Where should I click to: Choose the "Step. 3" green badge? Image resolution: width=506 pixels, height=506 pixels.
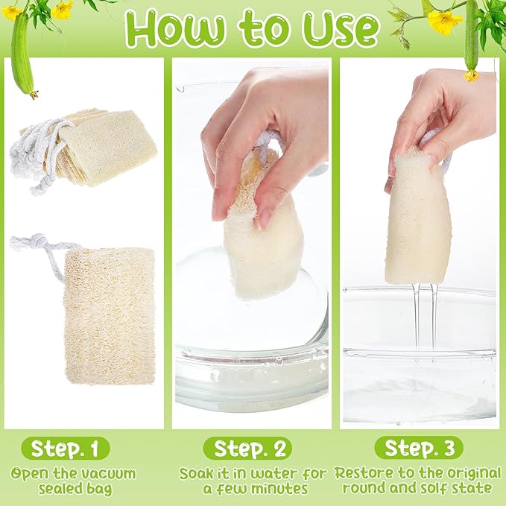pyautogui.click(x=419, y=448)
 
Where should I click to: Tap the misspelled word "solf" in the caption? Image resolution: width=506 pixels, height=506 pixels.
pyautogui.click(x=437, y=488)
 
